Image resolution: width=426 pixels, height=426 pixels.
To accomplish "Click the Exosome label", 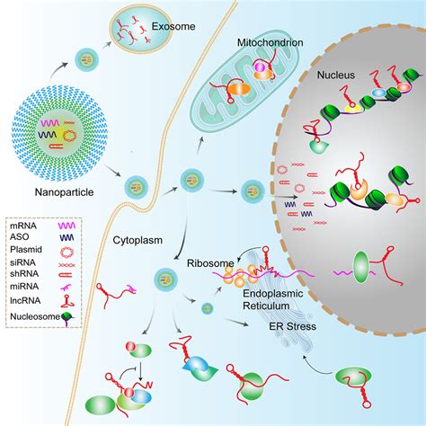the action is [173, 26].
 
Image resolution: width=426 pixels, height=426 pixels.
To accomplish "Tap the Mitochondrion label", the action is [271, 42].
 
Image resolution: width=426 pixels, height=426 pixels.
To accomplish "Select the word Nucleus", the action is [336, 75].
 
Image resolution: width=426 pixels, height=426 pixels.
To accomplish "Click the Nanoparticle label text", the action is [64, 192].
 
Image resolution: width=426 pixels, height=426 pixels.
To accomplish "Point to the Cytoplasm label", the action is [138, 240].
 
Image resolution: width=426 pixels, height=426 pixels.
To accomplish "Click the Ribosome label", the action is [210, 263].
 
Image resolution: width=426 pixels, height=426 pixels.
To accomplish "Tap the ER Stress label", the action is [293, 326].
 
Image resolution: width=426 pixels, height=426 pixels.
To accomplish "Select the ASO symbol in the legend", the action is [67, 237].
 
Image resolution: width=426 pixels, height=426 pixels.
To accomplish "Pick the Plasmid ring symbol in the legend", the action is [67, 252].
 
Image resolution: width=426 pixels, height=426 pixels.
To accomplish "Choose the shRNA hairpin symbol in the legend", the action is [67, 275].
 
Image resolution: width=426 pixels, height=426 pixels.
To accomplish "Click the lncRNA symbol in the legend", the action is [67, 301].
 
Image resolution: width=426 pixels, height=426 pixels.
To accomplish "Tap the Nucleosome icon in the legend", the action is [67, 318].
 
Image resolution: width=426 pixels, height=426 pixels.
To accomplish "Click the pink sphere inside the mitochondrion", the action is [260, 67].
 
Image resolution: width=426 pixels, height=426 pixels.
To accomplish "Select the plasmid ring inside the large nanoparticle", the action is [69, 136].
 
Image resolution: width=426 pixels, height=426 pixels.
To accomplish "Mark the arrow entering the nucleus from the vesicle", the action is [282, 197].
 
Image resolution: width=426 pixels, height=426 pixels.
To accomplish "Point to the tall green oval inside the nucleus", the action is [360, 267].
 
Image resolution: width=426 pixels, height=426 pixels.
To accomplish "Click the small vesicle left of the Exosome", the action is [86, 60].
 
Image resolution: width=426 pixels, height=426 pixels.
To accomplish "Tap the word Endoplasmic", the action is [273, 294].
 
